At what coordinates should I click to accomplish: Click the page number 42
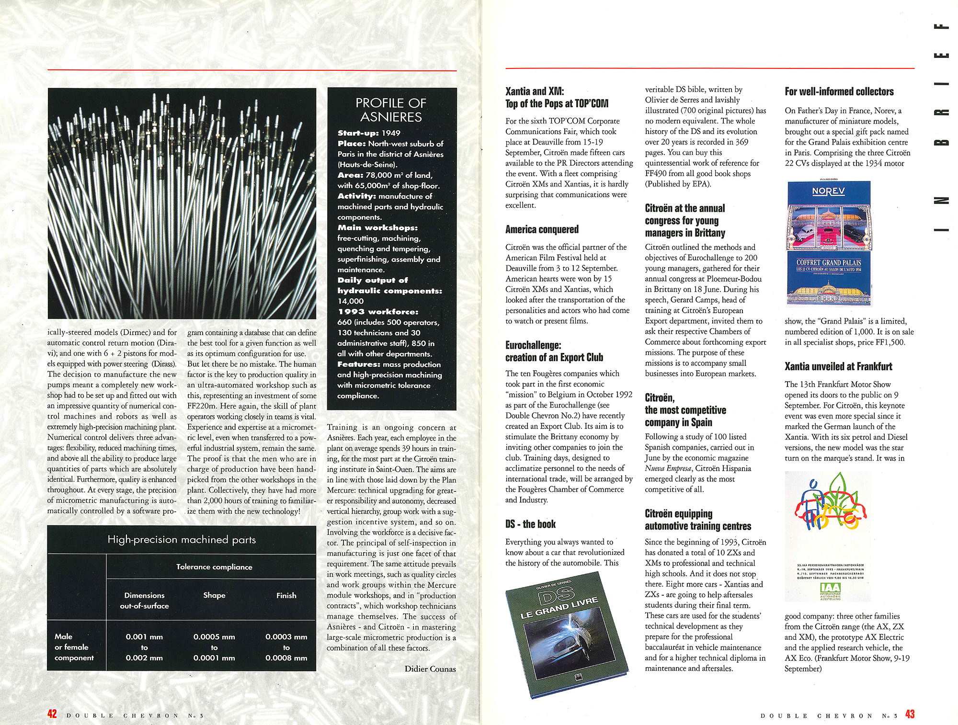(52, 714)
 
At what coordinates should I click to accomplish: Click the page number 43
(910, 714)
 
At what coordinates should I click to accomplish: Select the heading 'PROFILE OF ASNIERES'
(391, 110)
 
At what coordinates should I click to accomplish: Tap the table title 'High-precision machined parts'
(182, 540)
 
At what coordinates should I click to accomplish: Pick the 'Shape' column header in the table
(214, 595)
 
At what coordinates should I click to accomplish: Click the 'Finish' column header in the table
(286, 595)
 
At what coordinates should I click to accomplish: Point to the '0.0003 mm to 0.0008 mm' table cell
(286, 647)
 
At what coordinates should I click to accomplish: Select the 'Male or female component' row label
(74, 647)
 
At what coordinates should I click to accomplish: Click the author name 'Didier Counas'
(430, 669)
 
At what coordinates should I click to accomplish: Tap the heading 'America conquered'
(542, 229)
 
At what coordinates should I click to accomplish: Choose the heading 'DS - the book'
(530, 524)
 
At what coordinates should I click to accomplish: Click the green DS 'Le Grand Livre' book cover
(565, 632)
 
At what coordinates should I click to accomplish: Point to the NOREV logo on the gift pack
(828, 192)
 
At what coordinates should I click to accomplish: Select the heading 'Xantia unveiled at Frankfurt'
(838, 366)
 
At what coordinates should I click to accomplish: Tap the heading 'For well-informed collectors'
(839, 91)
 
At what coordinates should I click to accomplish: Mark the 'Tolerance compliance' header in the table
(214, 566)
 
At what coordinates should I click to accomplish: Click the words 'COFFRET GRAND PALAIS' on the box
(829, 262)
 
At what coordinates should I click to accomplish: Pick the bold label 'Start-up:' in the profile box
(358, 133)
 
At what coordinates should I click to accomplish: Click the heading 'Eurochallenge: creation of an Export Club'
(554, 351)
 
